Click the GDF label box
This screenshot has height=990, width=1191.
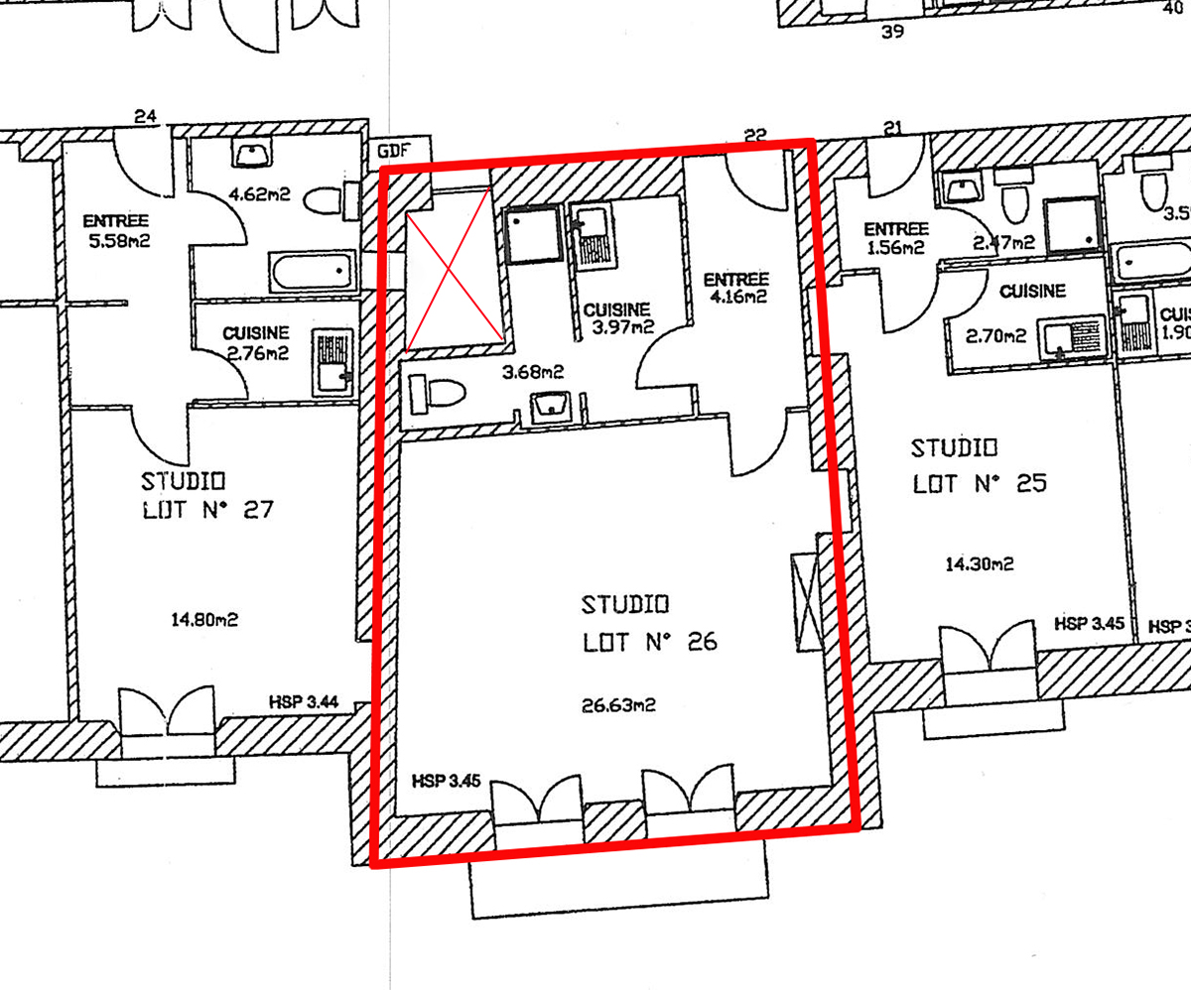[x=400, y=150]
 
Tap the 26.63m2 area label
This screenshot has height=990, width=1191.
[x=618, y=706]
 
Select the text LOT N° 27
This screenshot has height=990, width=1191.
[x=207, y=509]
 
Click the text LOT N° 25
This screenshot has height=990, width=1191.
[x=980, y=484]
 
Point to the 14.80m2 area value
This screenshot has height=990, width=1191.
[x=204, y=619]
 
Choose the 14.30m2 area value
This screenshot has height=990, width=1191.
[x=980, y=564]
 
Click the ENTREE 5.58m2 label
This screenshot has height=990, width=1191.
[x=117, y=230]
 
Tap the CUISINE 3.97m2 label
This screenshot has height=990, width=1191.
[x=619, y=318]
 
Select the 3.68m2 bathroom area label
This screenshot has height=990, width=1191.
[x=532, y=372]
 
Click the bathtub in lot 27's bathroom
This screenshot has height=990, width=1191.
[x=312, y=272]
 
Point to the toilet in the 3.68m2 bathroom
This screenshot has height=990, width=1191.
[x=437, y=394]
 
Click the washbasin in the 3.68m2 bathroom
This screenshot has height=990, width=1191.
[x=551, y=407]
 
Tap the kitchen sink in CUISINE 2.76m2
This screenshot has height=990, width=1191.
[x=331, y=361]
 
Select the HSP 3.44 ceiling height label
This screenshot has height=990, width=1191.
[x=304, y=701]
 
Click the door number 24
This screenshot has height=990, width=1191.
[x=145, y=116]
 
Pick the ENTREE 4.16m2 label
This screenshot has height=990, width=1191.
[x=735, y=288]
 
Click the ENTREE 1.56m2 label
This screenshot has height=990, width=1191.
[x=896, y=238]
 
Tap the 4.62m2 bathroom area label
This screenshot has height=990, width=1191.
[x=259, y=194]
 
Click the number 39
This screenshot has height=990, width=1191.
[x=892, y=32]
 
